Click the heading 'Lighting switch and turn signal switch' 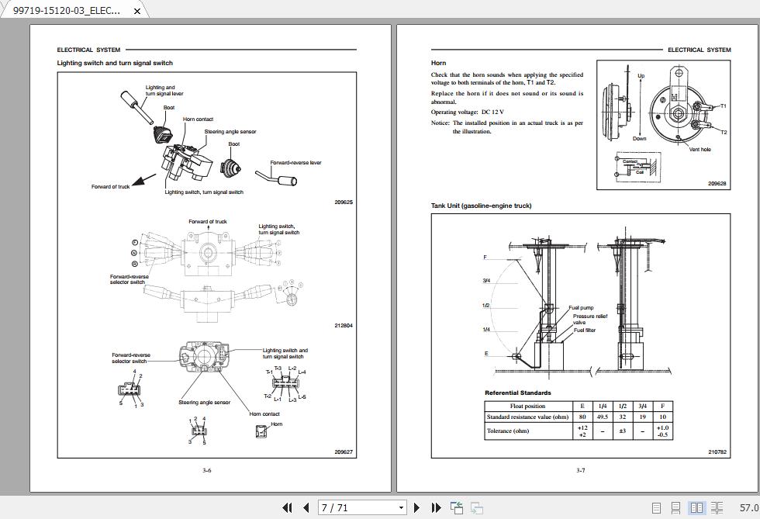click(115, 63)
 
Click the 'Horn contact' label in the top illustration click(198, 119)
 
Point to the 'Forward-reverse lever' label click(295, 163)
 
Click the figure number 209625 click(344, 202)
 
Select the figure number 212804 click(344, 326)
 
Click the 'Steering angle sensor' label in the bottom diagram click(204, 403)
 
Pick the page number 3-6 click(206, 470)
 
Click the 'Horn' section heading click(438, 63)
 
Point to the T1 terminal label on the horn click(723, 106)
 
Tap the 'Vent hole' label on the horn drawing click(700, 150)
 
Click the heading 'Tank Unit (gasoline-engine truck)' click(481, 206)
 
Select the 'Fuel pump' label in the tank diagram click(581, 308)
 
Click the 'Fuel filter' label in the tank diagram click(585, 330)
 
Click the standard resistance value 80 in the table click(582, 417)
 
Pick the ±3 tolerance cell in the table click(622, 431)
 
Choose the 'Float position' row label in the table click(527, 406)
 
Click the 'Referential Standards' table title click(517, 393)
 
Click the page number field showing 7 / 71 click(363, 508)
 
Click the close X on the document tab click(137, 11)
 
